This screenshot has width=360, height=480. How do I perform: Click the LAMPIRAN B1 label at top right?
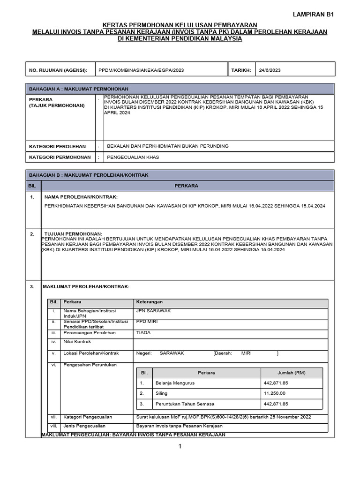314,15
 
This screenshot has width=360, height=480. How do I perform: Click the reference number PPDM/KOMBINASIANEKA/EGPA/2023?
141,70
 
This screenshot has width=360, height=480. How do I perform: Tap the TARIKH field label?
241,70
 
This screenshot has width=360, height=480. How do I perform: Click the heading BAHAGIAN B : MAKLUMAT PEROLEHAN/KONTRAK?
89,175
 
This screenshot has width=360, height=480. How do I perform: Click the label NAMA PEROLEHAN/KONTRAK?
81,197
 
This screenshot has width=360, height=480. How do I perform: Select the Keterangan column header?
149,301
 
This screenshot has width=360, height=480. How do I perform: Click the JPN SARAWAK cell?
153,310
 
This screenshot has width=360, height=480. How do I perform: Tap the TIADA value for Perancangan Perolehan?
143,332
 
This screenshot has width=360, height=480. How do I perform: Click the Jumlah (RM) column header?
292,373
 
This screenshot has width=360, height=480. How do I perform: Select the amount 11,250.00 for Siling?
274,393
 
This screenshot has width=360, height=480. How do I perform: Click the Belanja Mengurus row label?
175,383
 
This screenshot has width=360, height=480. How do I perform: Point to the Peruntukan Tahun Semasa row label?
183,404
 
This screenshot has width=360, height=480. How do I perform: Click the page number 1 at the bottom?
180,446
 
